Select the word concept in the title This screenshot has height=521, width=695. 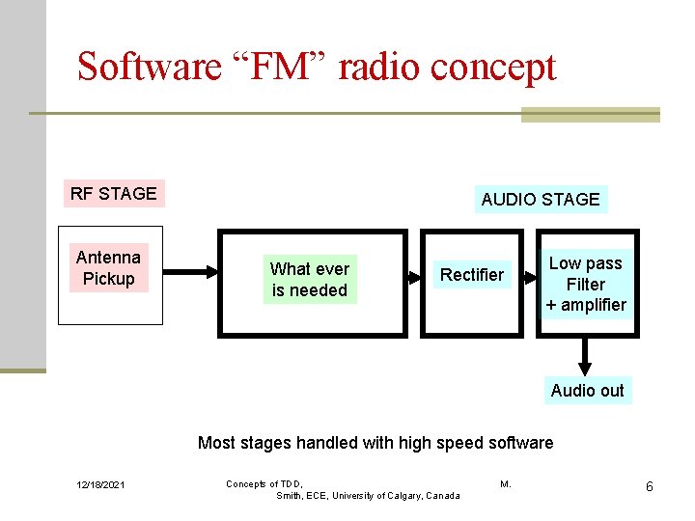tap(493, 67)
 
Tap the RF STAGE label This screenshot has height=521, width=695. tap(113, 193)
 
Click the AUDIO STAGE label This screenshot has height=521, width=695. tap(541, 200)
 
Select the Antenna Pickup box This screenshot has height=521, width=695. tap(109, 268)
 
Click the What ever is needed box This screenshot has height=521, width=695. tap(310, 279)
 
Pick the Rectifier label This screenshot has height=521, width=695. tap(471, 275)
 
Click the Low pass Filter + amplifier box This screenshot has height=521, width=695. tap(585, 284)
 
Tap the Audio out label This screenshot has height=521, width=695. tap(587, 391)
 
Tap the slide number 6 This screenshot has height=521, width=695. tap(650, 486)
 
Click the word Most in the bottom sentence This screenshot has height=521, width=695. tap(216, 443)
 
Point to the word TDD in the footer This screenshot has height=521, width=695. tap(290, 483)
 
